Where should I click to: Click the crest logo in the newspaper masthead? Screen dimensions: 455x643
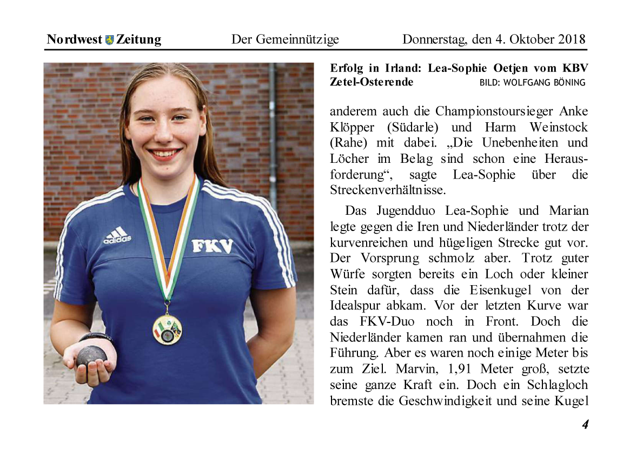coord(110,40)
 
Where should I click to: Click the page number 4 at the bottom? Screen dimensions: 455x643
coord(585,425)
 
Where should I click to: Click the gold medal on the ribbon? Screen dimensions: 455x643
coord(167,328)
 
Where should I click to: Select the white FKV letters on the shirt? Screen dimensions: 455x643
coord(213,246)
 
